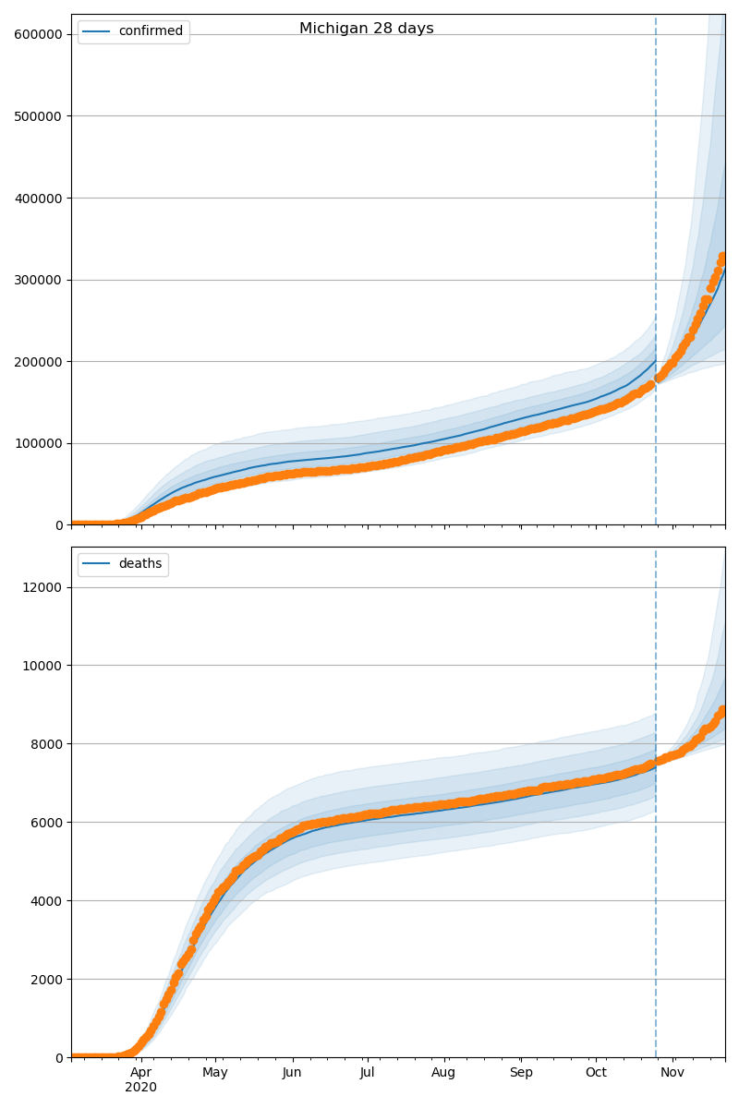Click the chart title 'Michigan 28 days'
pyautogui.click(x=366, y=29)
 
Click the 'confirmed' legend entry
pyautogui.click(x=151, y=31)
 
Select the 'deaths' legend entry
pyautogui.click(x=139, y=564)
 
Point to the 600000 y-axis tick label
pyautogui.click(x=38, y=34)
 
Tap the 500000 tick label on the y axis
pyautogui.click(x=38, y=116)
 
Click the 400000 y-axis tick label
pyautogui.click(x=38, y=198)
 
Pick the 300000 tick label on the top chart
pyautogui.click(x=38, y=280)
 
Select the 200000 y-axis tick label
pyautogui.click(x=38, y=362)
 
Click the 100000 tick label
pyautogui.click(x=38, y=443)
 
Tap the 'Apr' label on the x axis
pyautogui.click(x=140, y=1073)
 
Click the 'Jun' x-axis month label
pyautogui.click(x=292, y=1073)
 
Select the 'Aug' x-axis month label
pyautogui.click(x=443, y=1073)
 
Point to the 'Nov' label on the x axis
pyautogui.click(x=672, y=1073)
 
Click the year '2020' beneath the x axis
pyautogui.click(x=140, y=1088)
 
